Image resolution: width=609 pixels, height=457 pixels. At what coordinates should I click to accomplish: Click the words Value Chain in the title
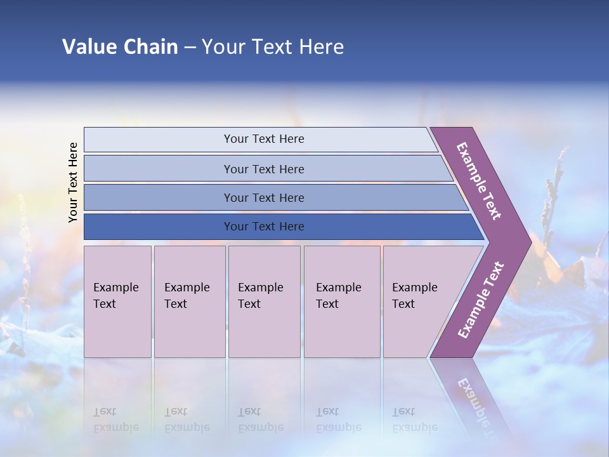click(120, 47)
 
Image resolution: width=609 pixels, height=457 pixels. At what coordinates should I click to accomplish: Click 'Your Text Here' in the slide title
click(273, 47)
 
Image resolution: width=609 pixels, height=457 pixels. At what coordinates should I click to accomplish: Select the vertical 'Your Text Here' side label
click(73, 182)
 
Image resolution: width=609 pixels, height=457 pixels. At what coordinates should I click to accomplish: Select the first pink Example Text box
click(117, 301)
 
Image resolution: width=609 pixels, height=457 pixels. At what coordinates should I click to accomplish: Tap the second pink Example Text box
click(189, 301)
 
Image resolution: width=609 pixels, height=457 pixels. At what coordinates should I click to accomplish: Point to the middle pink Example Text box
click(264, 301)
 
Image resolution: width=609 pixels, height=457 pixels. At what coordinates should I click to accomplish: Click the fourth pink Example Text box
click(342, 301)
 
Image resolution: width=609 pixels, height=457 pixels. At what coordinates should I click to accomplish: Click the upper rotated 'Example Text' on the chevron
click(479, 181)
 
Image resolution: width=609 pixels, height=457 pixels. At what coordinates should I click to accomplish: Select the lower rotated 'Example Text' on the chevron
click(481, 300)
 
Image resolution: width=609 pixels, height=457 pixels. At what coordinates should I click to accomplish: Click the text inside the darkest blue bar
click(264, 227)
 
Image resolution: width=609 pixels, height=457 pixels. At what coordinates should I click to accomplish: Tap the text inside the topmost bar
click(264, 139)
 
